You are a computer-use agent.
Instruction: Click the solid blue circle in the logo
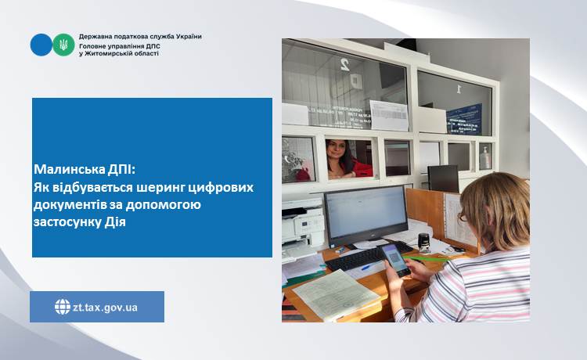click(x=41, y=45)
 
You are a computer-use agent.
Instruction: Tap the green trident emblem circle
click(x=63, y=45)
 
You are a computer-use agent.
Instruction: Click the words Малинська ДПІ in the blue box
click(x=84, y=170)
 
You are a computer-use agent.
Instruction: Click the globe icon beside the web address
click(x=63, y=307)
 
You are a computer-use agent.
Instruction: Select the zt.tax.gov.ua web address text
click(x=105, y=308)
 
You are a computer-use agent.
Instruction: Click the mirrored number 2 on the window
click(x=344, y=64)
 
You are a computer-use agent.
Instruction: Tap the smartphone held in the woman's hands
click(x=396, y=260)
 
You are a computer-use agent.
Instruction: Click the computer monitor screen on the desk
click(x=366, y=211)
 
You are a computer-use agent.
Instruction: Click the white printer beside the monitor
click(x=303, y=226)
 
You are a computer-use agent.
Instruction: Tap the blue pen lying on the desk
click(x=366, y=267)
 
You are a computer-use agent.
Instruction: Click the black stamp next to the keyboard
click(x=423, y=243)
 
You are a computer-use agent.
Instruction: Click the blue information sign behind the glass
click(x=464, y=119)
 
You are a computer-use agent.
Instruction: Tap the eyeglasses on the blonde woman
click(x=463, y=217)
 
